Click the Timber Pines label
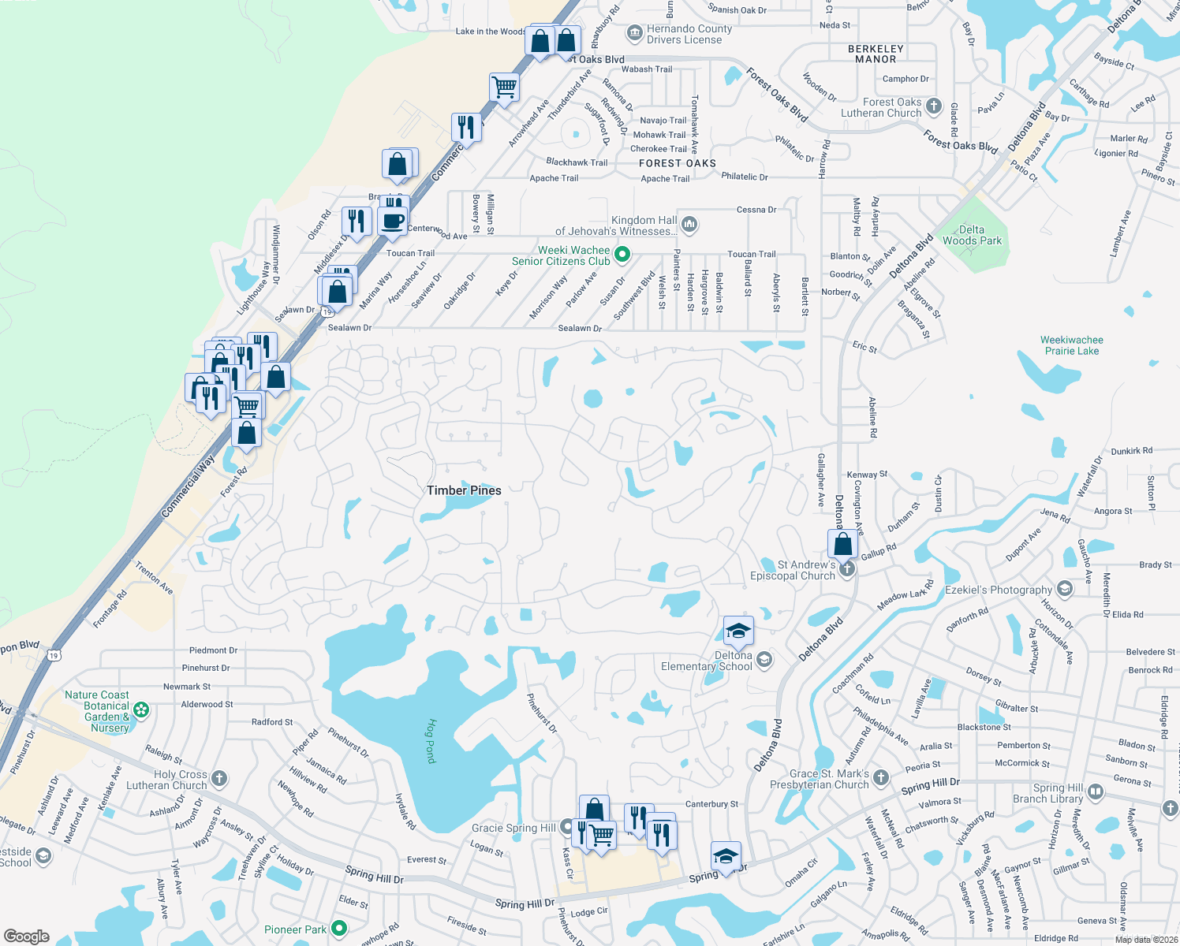point(464,490)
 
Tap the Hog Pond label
point(431,740)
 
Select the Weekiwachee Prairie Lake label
point(1071,345)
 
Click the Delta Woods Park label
point(972,235)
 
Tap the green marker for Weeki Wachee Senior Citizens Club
point(622,254)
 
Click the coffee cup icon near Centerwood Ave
point(392,222)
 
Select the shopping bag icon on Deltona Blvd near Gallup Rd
point(842,544)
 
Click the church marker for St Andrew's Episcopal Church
point(847,568)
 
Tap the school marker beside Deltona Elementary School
point(764,659)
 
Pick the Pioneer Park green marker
point(339,929)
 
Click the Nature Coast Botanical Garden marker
point(141,710)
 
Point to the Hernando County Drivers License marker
point(634,33)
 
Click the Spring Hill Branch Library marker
point(1096,791)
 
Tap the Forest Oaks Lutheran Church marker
point(934,106)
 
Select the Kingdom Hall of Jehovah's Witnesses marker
point(689,225)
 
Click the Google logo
point(27,936)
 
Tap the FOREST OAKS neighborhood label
point(678,163)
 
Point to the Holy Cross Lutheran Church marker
point(219,779)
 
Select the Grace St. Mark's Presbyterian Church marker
point(881,778)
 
